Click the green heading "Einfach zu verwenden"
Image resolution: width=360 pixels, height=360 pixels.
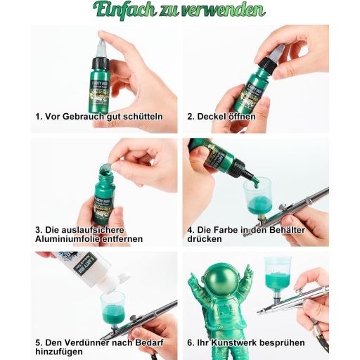179,10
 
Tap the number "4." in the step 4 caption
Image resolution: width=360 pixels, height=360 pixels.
191,229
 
